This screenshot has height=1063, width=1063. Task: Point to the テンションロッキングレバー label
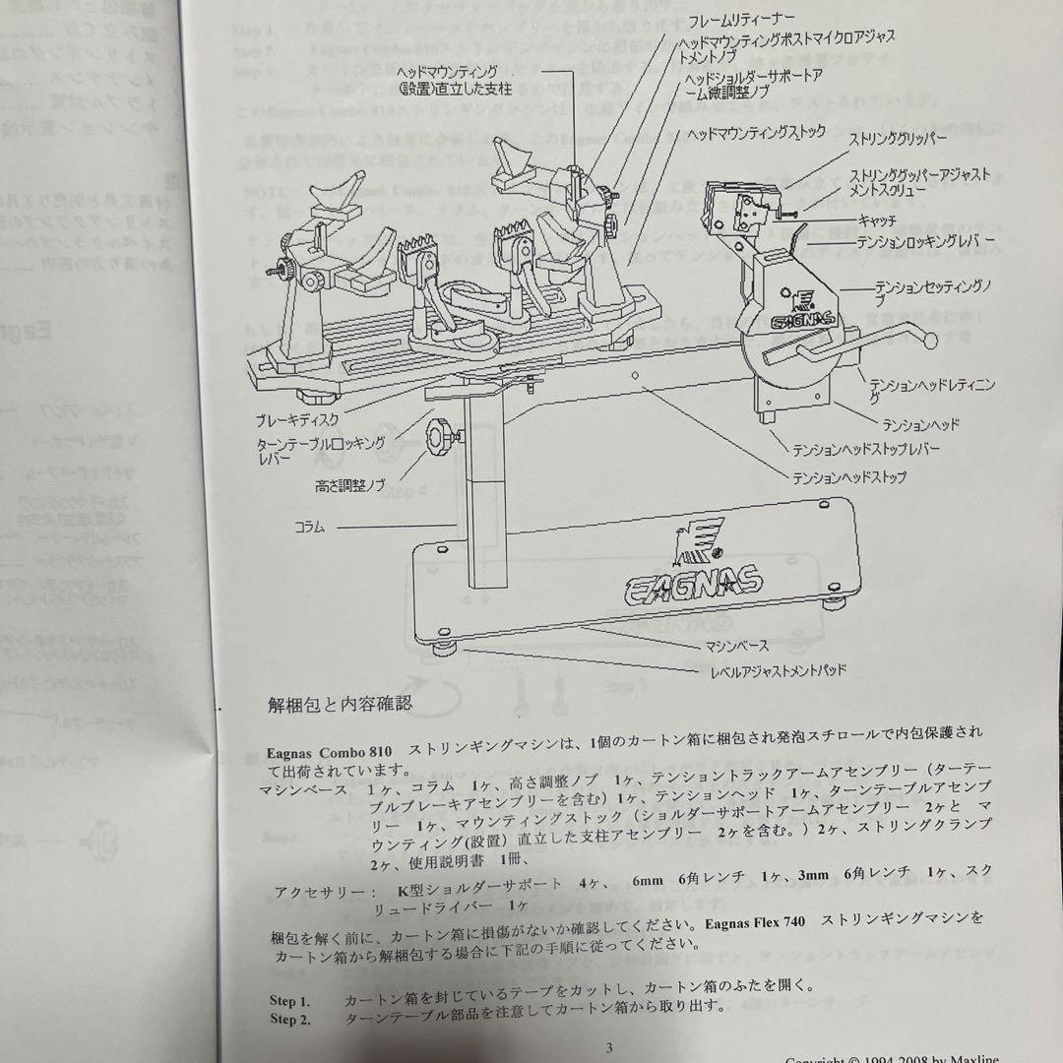pos(926,240)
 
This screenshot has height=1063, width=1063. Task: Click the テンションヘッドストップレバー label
pos(866,449)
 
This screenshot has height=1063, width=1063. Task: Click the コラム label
pos(310,528)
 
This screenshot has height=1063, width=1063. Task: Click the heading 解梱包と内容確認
pos(339,704)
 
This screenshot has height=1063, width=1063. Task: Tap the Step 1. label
pos(290,1000)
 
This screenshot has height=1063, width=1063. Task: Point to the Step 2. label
pos(290,1019)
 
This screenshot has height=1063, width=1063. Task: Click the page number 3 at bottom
pos(609,1046)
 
